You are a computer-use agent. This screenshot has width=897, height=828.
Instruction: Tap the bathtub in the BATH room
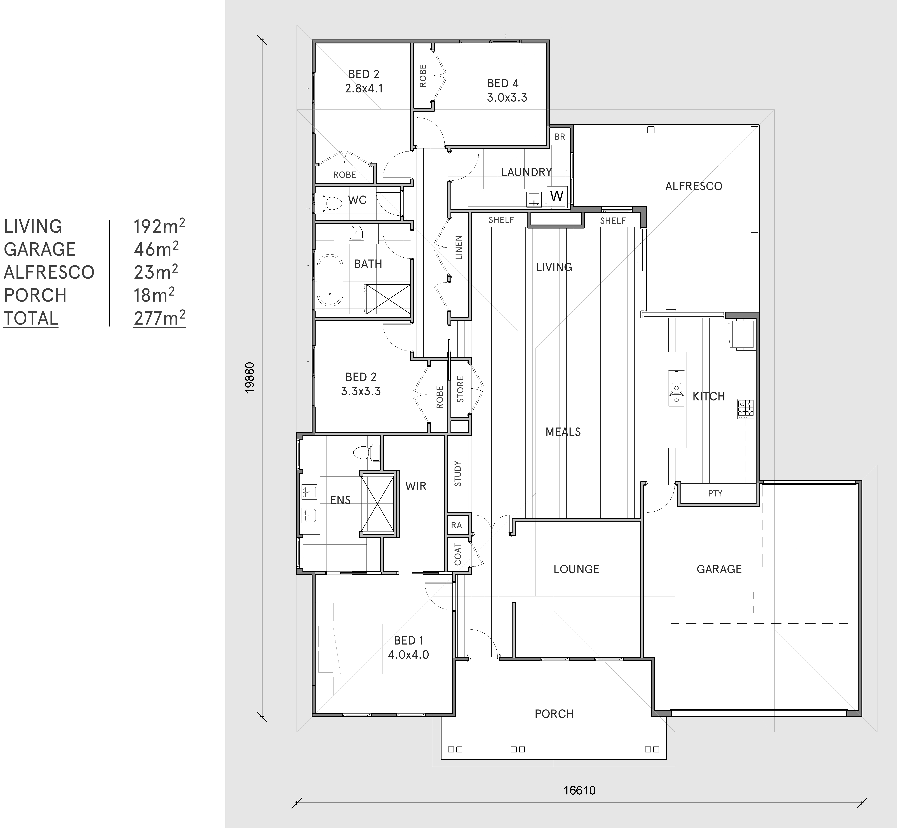pos(330,281)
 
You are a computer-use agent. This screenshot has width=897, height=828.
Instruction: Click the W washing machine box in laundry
pos(557,196)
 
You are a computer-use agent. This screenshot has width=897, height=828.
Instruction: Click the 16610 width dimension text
pos(579,790)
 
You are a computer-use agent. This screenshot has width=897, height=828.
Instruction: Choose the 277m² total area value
pos(159,318)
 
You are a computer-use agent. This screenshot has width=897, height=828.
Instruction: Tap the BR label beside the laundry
pos(560,137)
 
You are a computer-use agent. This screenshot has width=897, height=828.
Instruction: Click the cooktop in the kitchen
pos(746,409)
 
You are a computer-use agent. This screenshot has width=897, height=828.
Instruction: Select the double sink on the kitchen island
pos(676,388)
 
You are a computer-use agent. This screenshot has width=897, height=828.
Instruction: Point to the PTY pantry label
pos(715,493)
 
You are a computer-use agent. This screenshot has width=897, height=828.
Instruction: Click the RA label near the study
pos(456,525)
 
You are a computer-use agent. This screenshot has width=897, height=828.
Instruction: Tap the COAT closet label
pos(458,554)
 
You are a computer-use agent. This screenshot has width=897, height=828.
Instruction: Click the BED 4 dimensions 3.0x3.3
pos(507,98)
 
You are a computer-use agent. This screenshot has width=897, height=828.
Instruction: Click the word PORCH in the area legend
pos(35,295)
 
